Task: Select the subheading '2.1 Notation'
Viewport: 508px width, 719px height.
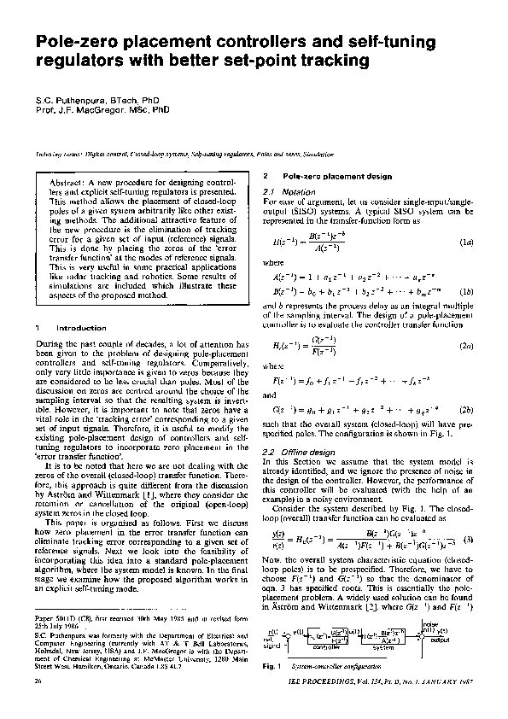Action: (x=284, y=191)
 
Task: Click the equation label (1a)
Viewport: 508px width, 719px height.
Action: (x=466, y=243)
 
